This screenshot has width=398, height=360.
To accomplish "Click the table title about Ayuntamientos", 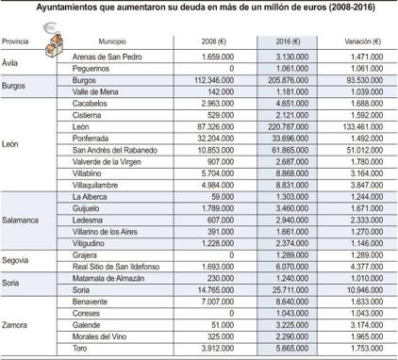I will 199,8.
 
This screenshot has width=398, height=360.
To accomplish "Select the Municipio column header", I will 113,43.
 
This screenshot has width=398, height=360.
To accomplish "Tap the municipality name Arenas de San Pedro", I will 108,57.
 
